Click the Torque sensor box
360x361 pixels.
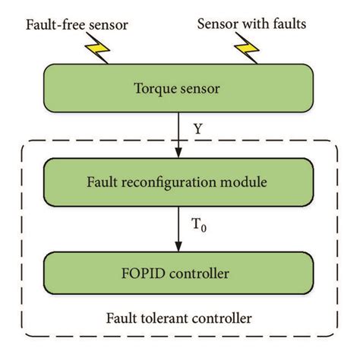pyautogui.click(x=179, y=89)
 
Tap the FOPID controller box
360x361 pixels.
pyautogui.click(x=179, y=272)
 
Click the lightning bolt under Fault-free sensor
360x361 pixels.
pyautogui.click(x=99, y=51)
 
